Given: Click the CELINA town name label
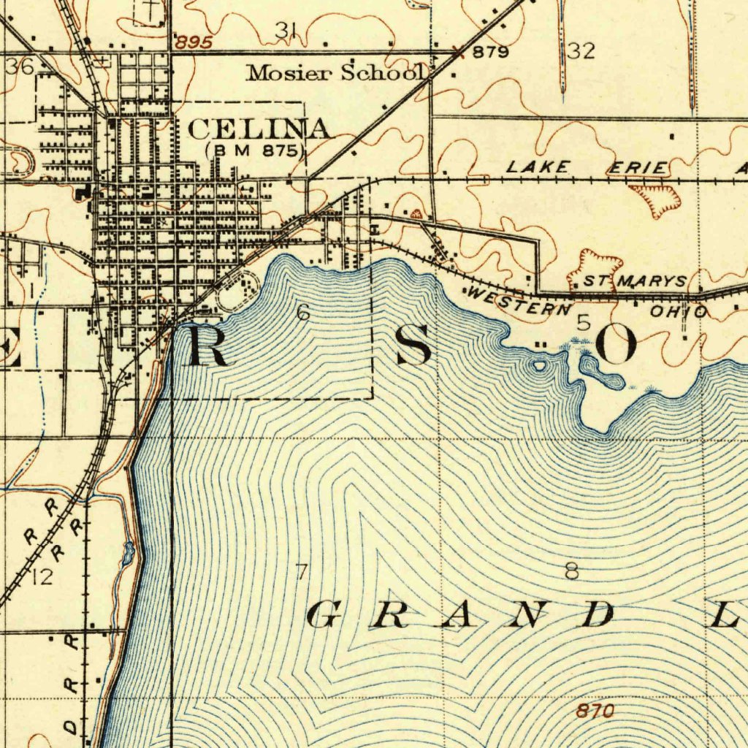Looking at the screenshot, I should [259, 129].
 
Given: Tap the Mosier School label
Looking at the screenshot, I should [337, 72].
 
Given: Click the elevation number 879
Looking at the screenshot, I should [490, 52].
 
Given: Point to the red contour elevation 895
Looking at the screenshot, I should [194, 43].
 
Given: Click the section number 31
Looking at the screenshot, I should [286, 30].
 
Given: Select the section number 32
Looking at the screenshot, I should [581, 50].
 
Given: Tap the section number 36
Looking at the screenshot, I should [19, 66].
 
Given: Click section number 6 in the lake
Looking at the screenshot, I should [303, 313].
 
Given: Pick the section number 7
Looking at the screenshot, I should [300, 572].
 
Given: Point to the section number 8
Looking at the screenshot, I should [571, 570].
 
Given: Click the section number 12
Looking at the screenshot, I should [42, 578].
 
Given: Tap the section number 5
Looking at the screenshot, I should [583, 322].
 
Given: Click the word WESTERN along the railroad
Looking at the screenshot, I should [519, 302].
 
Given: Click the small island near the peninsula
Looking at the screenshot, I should [540, 365].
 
